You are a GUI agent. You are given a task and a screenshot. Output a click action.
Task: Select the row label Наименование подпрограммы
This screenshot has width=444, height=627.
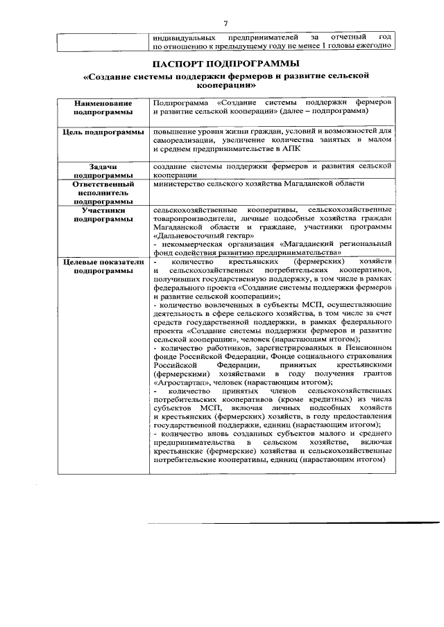(x=103, y=106)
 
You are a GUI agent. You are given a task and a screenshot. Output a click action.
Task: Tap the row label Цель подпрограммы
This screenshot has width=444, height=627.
(x=103, y=132)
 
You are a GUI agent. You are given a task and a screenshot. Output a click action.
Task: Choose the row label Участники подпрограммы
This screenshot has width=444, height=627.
(x=103, y=214)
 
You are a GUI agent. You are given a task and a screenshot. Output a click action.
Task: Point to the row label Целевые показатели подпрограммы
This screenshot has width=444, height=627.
(x=103, y=267)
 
